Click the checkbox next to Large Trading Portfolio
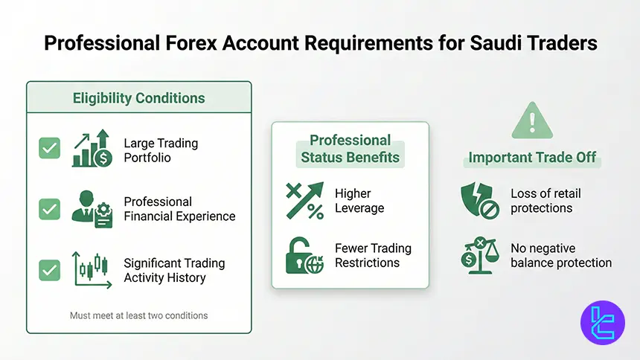pos(50,149)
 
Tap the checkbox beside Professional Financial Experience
pos(50,210)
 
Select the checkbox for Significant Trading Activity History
pos(50,269)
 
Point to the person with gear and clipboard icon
pos(92,210)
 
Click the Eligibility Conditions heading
pos(138,98)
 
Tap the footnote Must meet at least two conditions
pos(138,315)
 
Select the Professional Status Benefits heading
pos(350,149)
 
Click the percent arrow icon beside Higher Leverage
pos(304,201)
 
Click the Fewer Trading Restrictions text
pos(373,256)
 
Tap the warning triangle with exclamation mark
pos(531,121)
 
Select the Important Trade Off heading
pos(531,158)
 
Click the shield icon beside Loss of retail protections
pos(479,201)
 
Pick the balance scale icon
pos(479,255)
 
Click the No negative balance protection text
pos(561,255)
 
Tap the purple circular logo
pos(602,323)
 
